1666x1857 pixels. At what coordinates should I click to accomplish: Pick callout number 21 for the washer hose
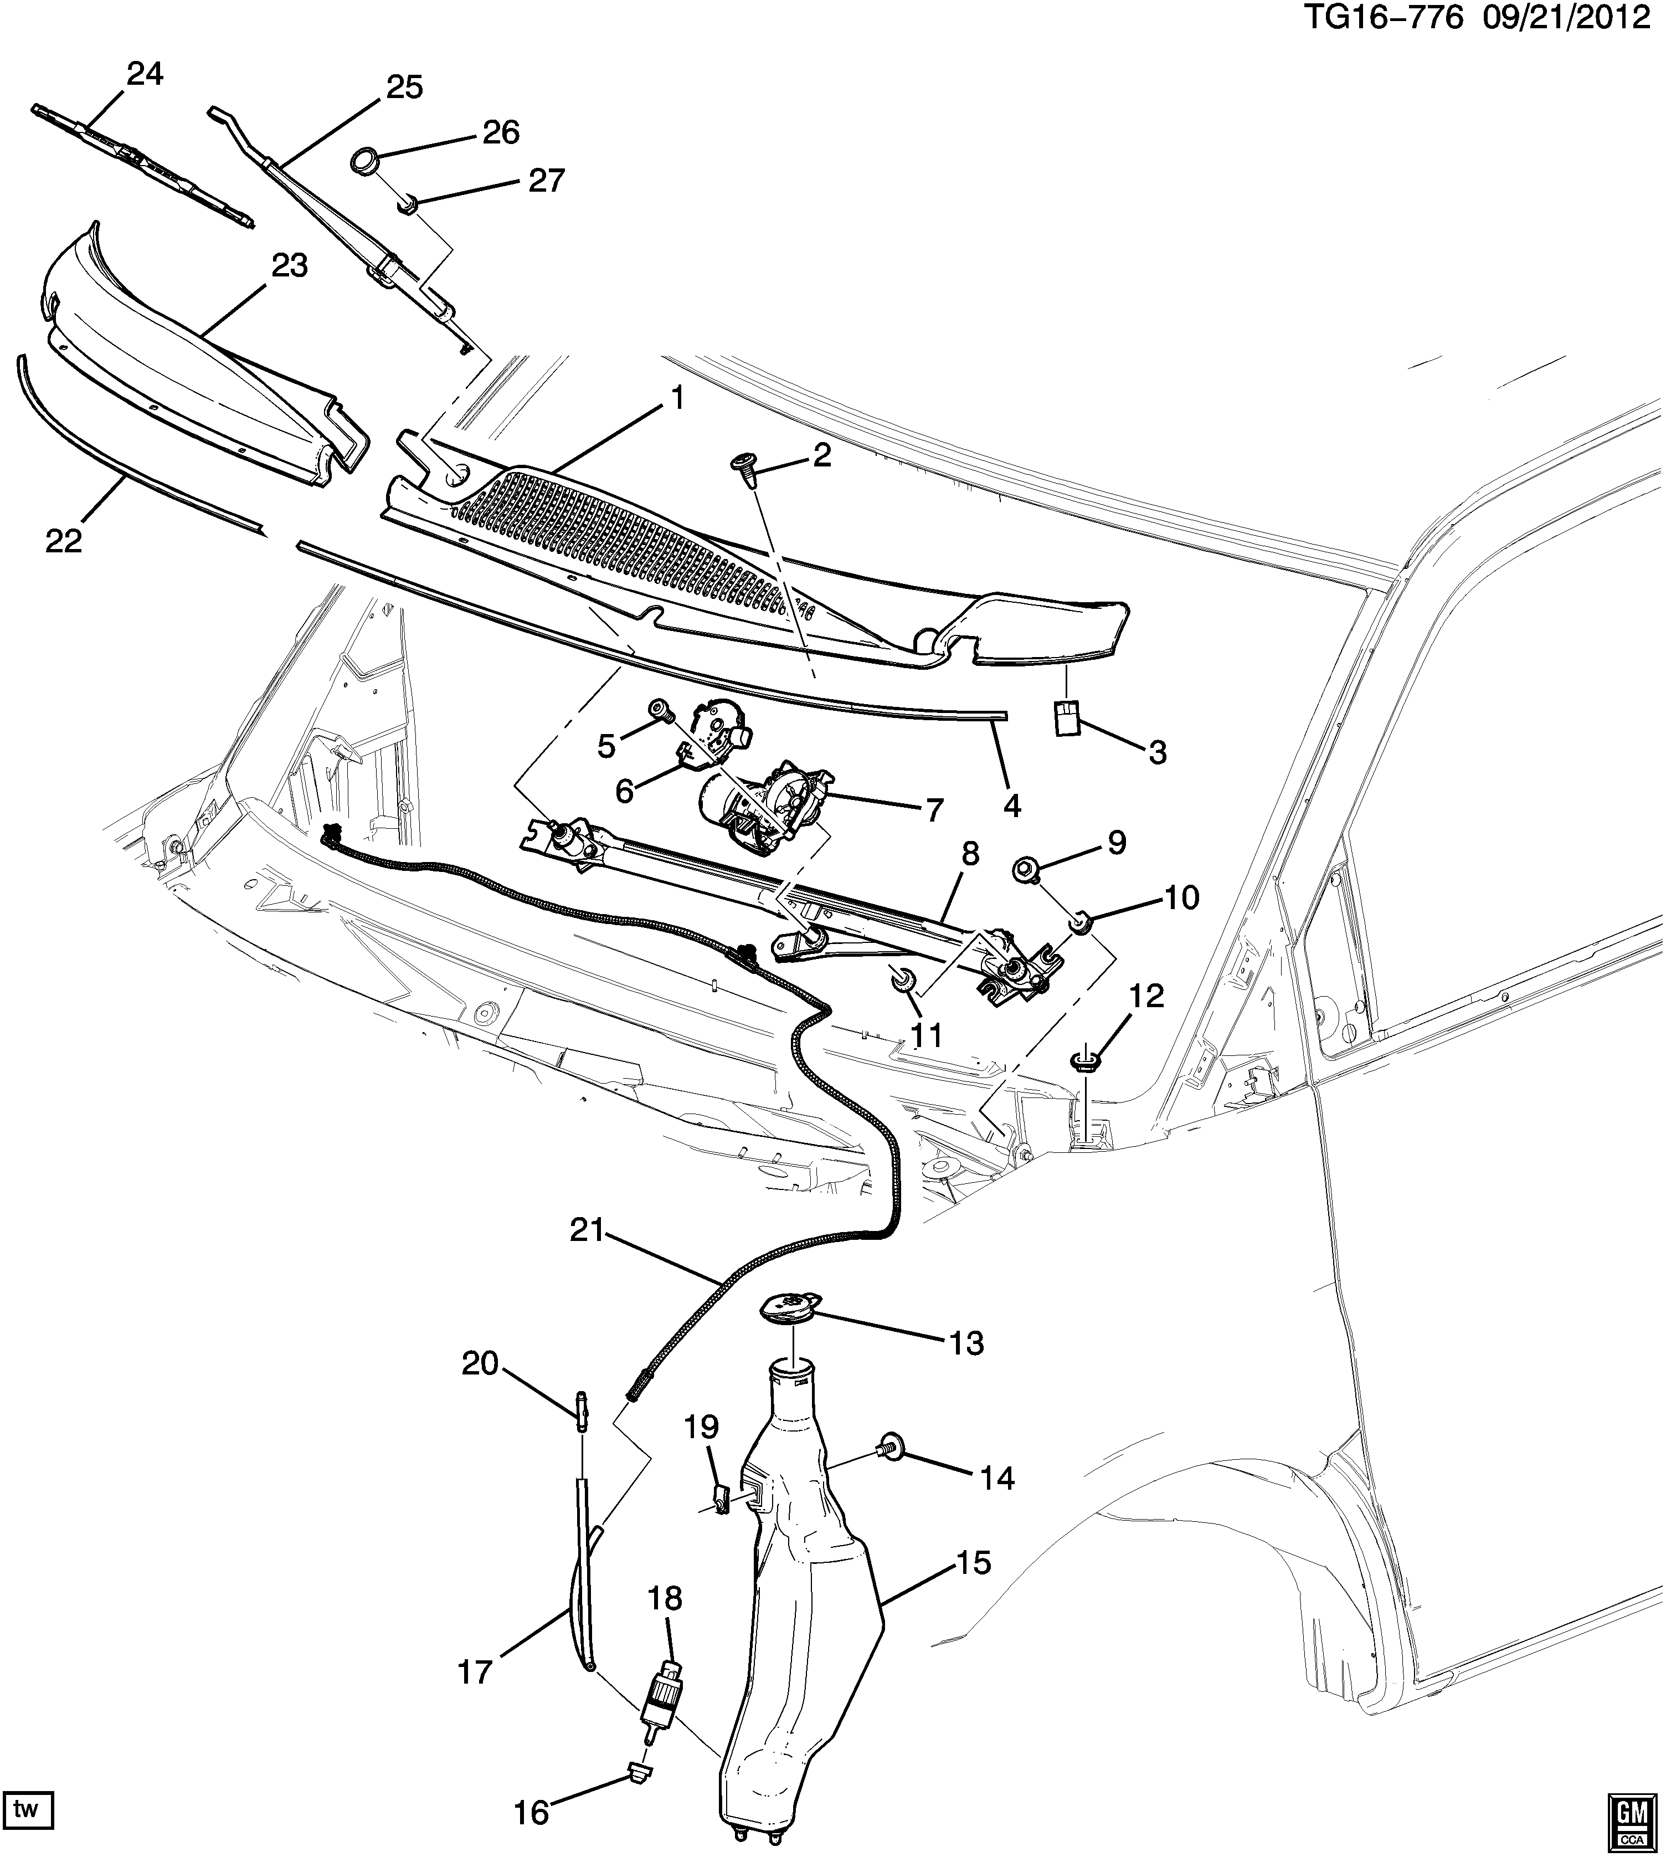tap(588, 1230)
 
